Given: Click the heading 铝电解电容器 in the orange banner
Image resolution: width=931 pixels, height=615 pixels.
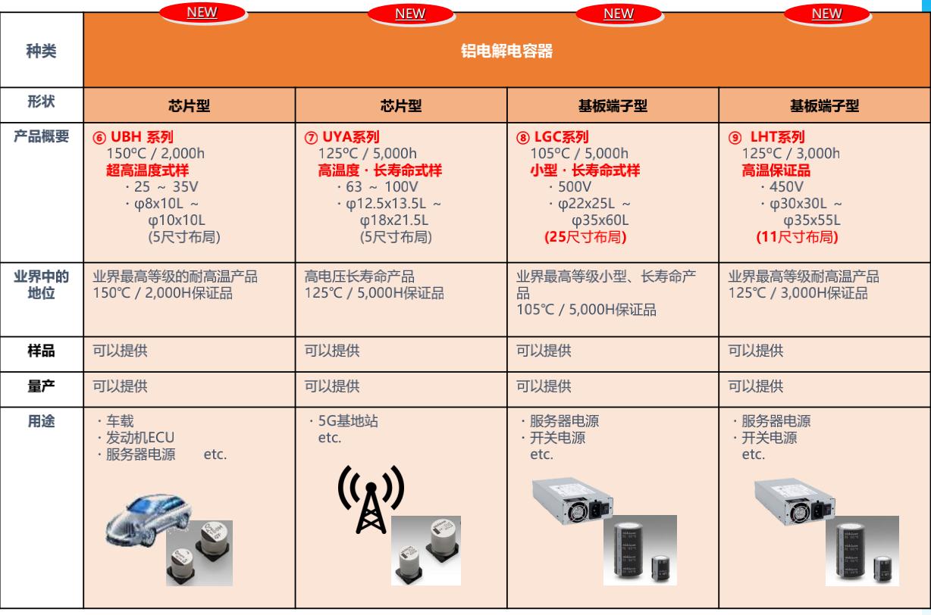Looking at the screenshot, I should [507, 52].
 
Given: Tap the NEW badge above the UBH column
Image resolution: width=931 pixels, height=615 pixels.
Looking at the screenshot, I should [201, 12].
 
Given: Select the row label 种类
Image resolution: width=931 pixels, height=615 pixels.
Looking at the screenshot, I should [42, 52].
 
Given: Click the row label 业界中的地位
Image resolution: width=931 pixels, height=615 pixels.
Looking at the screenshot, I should [42, 285].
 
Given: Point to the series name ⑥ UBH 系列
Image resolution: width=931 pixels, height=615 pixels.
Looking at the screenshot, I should [133, 137].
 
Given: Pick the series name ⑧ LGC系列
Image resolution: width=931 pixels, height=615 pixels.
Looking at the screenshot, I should [552, 137].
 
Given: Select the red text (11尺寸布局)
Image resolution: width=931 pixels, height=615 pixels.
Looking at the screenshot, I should [796, 237].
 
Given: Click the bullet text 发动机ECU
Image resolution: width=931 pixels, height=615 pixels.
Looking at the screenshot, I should [132, 439].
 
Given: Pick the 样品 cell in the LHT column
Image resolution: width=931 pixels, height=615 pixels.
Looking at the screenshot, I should [756, 351].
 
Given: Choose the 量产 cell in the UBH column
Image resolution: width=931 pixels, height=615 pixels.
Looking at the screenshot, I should [120, 387].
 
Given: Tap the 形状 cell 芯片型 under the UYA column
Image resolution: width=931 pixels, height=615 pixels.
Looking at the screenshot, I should [401, 106].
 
